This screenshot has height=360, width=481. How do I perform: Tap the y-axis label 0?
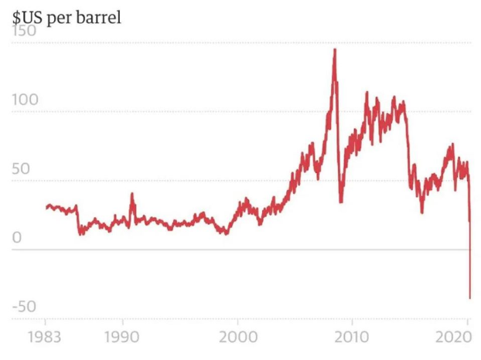pos(16,239)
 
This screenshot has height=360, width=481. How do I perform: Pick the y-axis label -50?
pos(23,307)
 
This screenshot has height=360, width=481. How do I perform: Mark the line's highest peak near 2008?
pos(334,49)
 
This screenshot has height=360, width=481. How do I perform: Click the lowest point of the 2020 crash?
pos(469,297)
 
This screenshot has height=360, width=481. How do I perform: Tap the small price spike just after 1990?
pos(131,194)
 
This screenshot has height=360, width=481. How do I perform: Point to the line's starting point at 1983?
pos(46,207)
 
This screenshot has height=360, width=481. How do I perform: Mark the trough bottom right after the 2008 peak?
pos(341,202)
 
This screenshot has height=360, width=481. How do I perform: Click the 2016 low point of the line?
pos(422,212)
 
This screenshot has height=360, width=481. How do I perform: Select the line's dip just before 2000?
pos(225,233)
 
